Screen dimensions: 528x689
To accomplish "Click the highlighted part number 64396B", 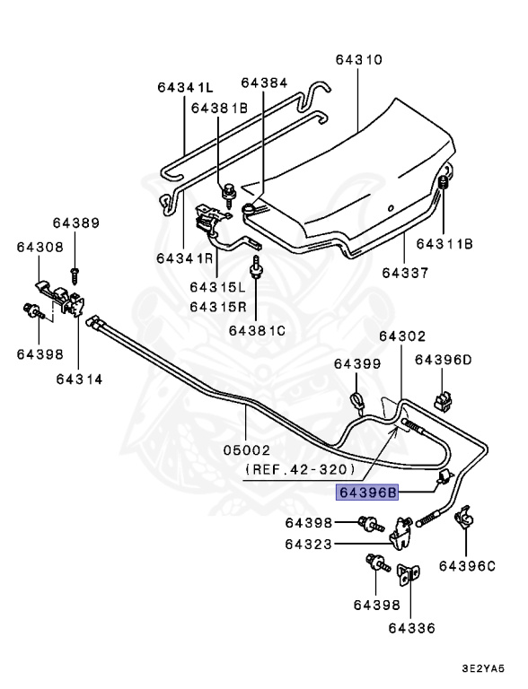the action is (367, 493).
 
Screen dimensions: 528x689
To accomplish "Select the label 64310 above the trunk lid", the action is (358, 59).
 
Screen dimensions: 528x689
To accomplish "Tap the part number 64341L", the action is (185, 87).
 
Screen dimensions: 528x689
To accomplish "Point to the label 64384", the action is (264, 83).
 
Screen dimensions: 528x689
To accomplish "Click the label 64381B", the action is (219, 108).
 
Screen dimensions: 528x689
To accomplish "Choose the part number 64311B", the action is (444, 243).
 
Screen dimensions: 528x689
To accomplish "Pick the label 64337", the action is (405, 273).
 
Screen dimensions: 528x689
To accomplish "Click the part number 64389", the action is (76, 222).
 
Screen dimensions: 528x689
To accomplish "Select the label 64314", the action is (79, 379).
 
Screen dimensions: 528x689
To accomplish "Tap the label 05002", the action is (246, 450).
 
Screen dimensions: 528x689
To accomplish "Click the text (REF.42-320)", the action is (300, 470).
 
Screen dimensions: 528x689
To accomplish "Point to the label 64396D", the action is (443, 360).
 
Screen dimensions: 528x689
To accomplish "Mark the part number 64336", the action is (411, 628).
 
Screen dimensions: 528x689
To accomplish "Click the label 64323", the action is (308, 545).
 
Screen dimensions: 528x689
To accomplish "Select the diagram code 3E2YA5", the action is (483, 668).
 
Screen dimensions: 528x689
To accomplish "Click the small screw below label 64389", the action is (75, 275).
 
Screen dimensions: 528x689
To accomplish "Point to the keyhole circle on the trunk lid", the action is (390, 209).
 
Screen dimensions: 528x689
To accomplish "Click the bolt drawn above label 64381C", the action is (255, 268).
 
